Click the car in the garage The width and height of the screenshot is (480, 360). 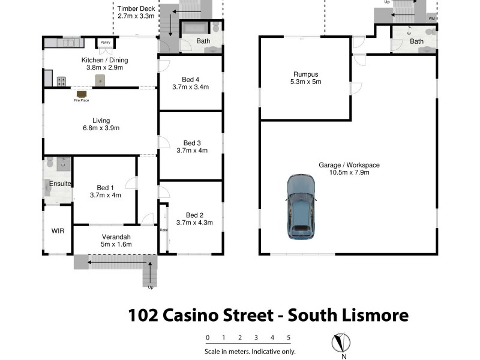(300, 207)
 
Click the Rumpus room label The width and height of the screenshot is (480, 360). (305, 74)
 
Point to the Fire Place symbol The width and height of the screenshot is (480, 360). (81, 94)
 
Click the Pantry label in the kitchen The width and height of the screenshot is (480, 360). (105, 43)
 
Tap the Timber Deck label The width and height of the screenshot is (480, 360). (136, 9)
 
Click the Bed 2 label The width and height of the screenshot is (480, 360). (194, 215)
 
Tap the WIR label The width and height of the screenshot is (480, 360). (58, 230)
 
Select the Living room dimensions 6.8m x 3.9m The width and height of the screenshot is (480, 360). (101, 128)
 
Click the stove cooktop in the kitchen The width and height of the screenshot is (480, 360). (61, 80)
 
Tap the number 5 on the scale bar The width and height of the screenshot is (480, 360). (289, 337)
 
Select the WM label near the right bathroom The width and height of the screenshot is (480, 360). (431, 19)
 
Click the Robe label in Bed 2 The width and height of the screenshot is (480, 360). (163, 230)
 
